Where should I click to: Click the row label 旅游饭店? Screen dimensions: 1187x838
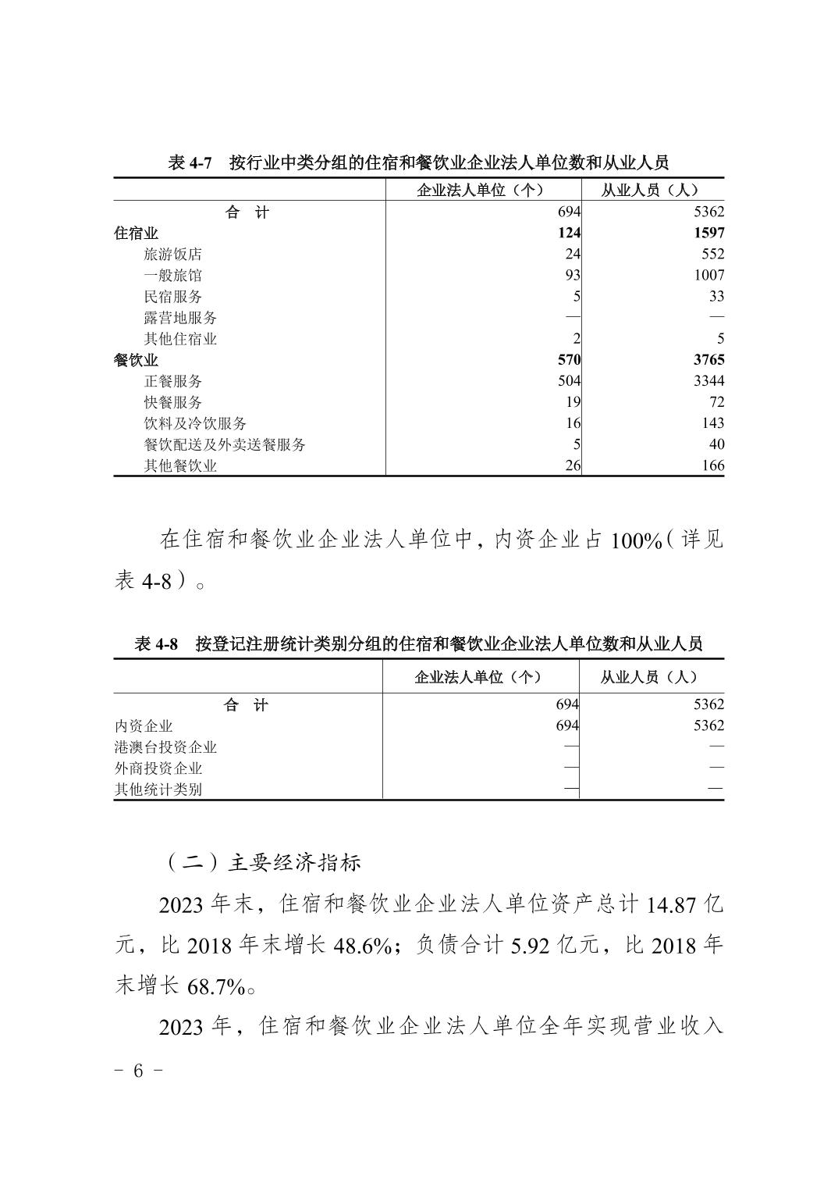172,255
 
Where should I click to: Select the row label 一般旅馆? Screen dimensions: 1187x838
172,276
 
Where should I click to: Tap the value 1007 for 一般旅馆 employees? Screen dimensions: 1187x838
708,276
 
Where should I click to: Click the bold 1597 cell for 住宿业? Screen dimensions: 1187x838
708,233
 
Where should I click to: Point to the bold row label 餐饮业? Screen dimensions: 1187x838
136,360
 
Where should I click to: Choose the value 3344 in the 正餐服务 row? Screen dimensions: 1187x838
708,381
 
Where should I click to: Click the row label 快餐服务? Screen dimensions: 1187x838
172,402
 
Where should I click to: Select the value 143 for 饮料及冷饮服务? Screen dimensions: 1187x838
713,423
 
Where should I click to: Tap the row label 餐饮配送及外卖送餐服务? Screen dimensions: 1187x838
225,445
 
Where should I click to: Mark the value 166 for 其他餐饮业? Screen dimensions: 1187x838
713,466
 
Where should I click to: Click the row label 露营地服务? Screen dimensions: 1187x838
180,318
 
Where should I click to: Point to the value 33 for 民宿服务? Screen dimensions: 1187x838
716,297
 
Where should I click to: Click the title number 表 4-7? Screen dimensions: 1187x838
190,163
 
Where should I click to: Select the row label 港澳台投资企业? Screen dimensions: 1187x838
165,747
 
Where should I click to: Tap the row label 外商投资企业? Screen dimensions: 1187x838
158,768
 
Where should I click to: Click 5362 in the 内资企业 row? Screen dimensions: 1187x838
708,725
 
